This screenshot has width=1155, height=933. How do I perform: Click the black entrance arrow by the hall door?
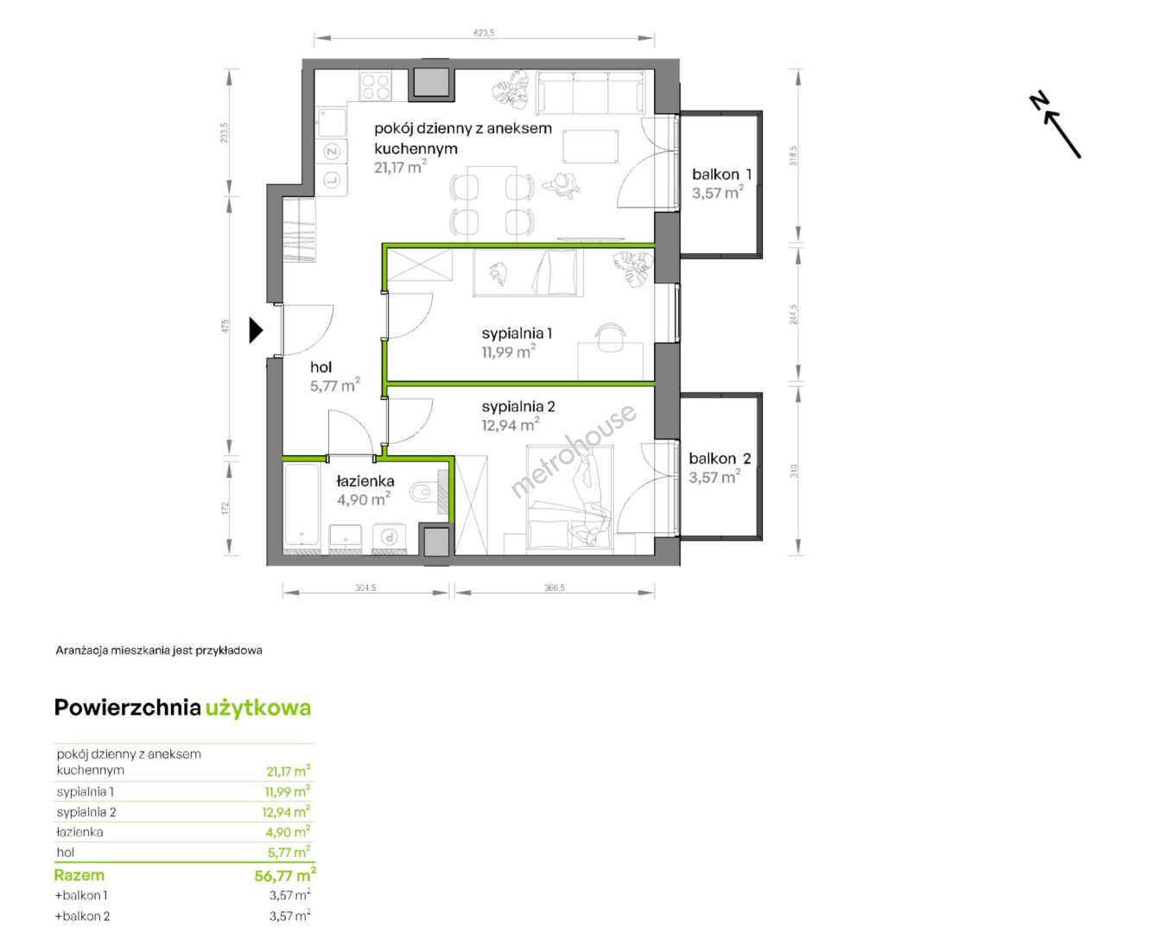click(256, 330)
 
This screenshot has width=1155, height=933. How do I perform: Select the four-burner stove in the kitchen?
click(375, 86)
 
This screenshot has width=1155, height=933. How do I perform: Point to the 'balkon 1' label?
click(721, 175)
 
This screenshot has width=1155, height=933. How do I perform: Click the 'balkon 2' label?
click(720, 459)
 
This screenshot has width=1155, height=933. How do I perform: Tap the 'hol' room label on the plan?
click(320, 367)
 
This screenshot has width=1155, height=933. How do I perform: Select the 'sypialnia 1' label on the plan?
click(517, 333)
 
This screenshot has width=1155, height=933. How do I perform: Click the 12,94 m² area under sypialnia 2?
click(511, 424)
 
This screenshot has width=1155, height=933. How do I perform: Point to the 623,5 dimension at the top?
click(484, 33)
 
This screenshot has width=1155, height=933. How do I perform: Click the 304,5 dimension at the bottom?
click(365, 587)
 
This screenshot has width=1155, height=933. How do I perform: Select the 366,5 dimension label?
click(555, 587)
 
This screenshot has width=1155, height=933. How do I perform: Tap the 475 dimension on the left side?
click(225, 326)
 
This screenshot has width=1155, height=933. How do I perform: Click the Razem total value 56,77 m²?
click(285, 875)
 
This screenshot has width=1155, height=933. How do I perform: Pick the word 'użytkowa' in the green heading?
click(258, 709)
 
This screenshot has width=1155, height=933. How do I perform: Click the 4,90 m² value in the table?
click(288, 832)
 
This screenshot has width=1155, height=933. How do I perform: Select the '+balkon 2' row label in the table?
click(82, 916)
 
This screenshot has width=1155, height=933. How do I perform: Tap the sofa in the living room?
click(591, 92)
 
